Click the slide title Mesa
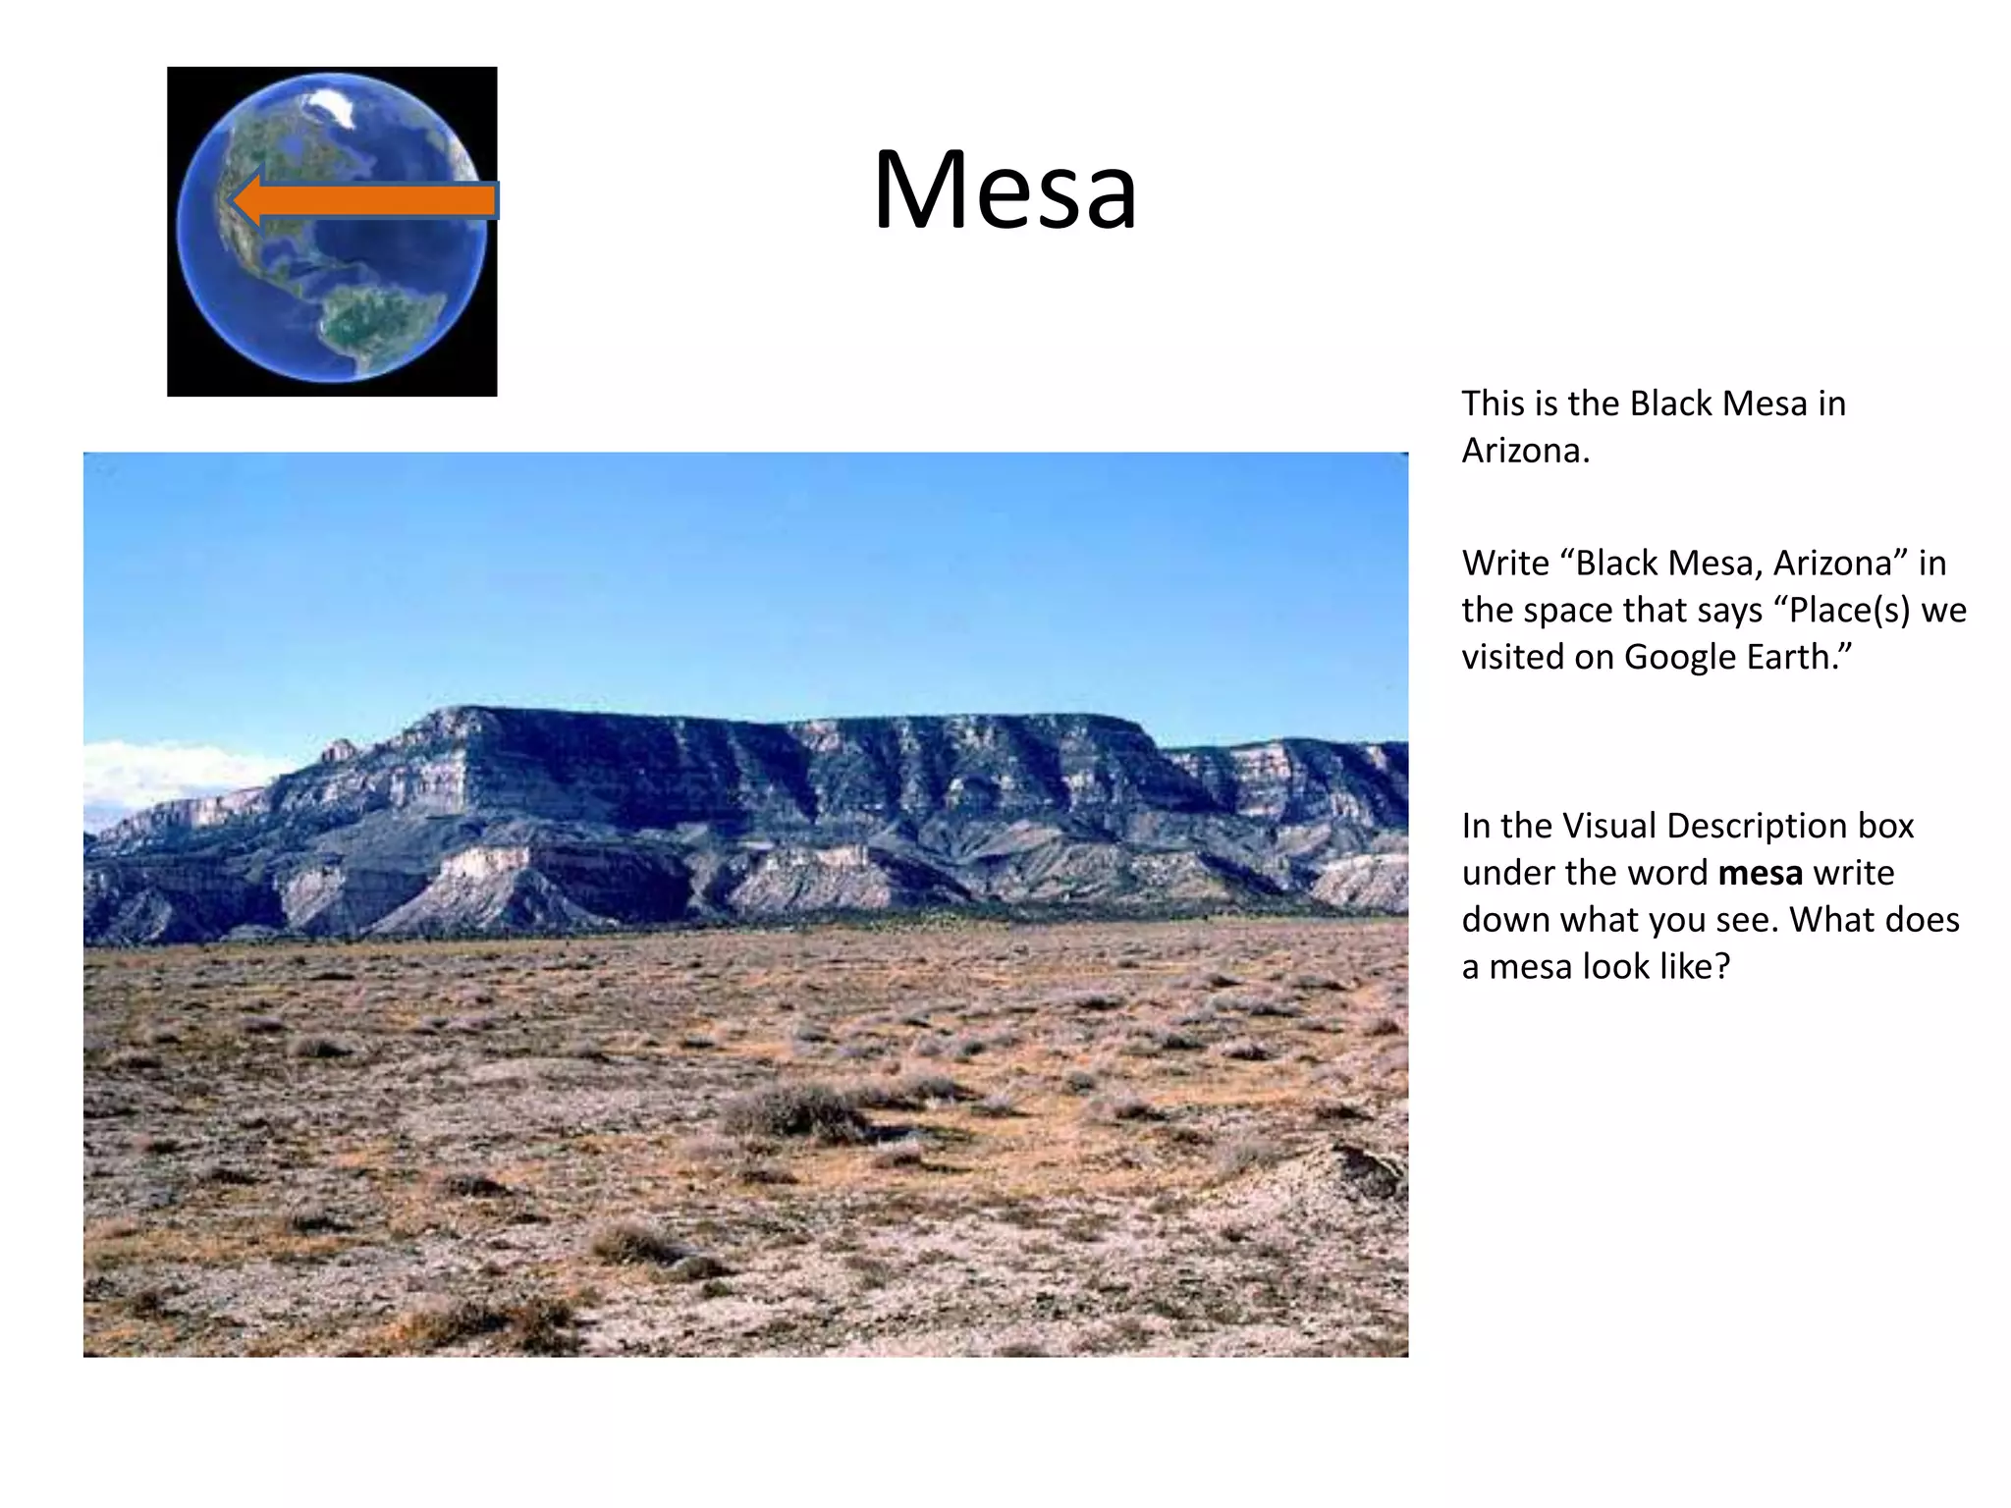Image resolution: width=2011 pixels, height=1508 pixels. [1005, 189]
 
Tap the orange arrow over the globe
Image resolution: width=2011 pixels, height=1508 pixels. [373, 201]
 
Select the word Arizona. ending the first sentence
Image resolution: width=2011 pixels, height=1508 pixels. [1525, 451]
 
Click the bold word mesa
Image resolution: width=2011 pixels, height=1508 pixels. [1760, 873]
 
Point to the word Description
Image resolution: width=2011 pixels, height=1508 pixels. [1744, 826]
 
